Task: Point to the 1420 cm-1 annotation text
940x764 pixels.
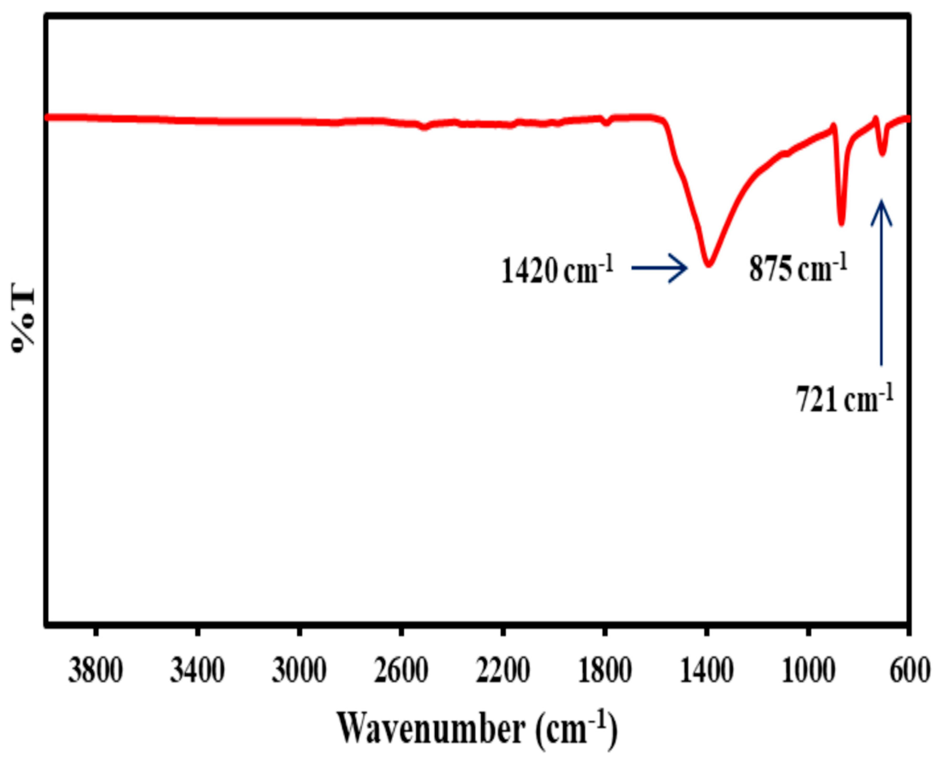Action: tap(557, 270)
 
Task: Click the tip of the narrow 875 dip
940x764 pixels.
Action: tap(841, 224)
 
